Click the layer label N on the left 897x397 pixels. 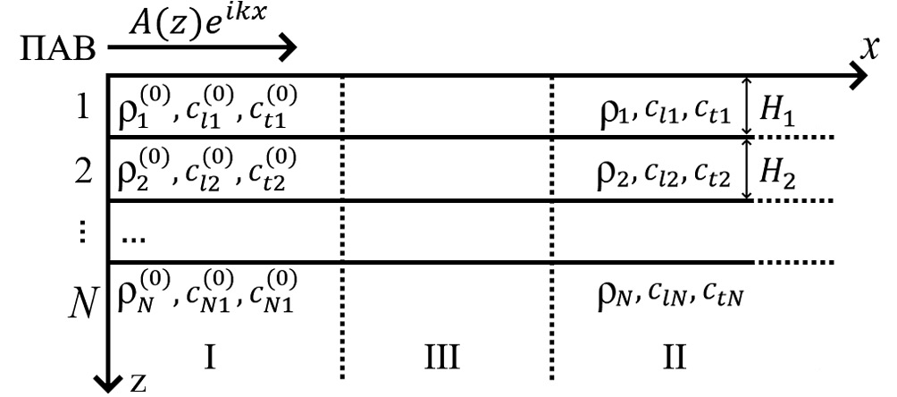[82, 296]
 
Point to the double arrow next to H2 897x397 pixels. [748, 169]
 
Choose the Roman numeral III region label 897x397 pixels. [441, 359]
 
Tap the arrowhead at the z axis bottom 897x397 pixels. [108, 382]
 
